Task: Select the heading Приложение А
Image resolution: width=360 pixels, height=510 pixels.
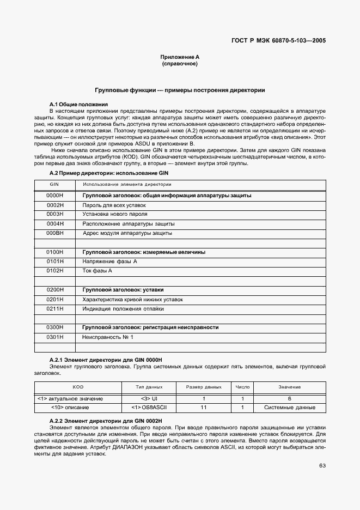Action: (180, 57)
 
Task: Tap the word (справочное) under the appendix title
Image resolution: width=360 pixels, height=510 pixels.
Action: (180, 64)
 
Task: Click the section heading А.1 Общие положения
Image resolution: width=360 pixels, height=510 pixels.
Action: (78, 104)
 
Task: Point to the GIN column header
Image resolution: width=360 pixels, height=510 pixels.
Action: (55, 185)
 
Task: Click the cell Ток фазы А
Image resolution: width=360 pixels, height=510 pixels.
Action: (97, 271)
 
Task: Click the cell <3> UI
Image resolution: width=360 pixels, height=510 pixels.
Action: (149, 398)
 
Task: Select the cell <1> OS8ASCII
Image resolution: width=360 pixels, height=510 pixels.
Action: (149, 407)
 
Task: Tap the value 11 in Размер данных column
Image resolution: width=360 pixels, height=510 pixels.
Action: (204, 407)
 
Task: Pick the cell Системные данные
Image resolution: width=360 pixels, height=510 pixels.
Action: (289, 407)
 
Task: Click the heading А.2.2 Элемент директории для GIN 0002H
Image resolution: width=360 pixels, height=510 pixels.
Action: (106, 422)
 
